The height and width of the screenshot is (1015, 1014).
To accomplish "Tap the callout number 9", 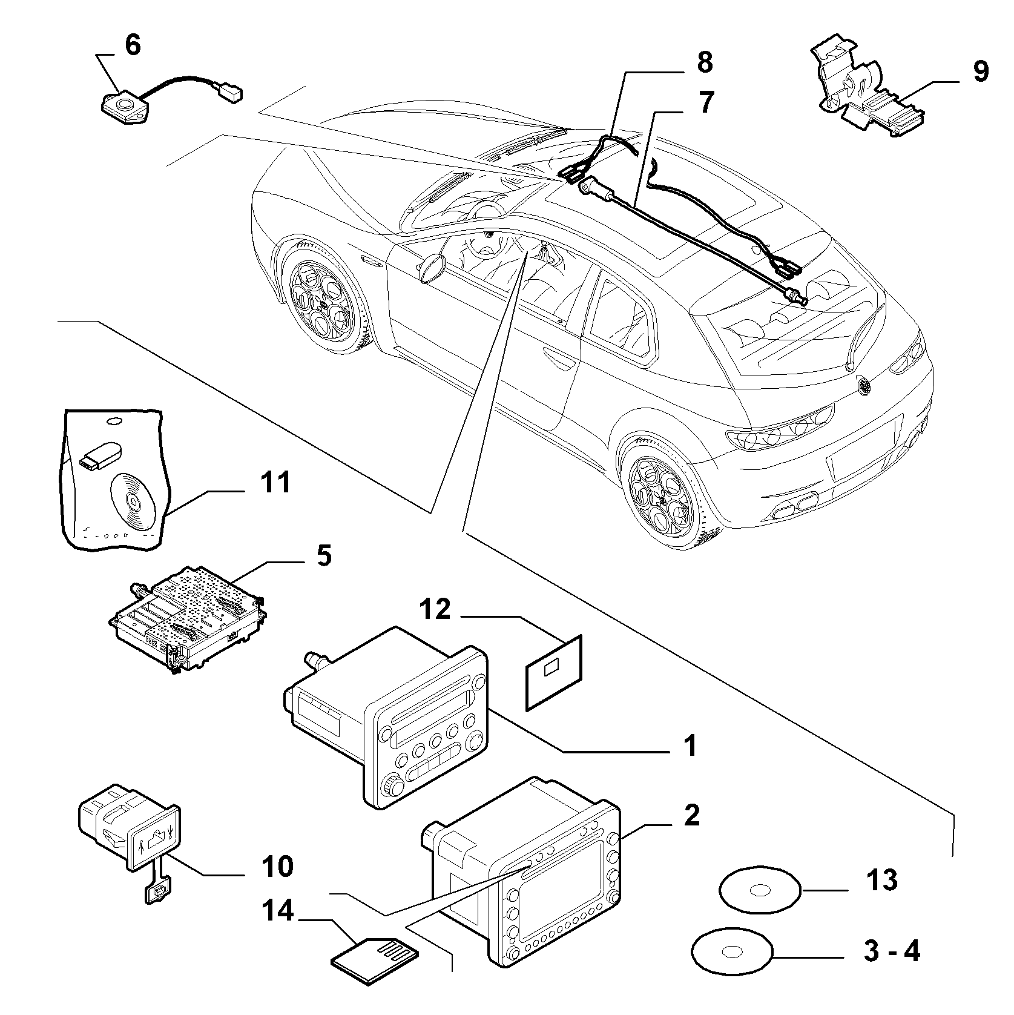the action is coord(981,71).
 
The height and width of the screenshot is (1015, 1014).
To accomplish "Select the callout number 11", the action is coord(275,483).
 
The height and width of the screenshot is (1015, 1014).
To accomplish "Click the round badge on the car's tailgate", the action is coord(864,384).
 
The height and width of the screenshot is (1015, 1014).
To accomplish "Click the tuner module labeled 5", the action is coord(189,624).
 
